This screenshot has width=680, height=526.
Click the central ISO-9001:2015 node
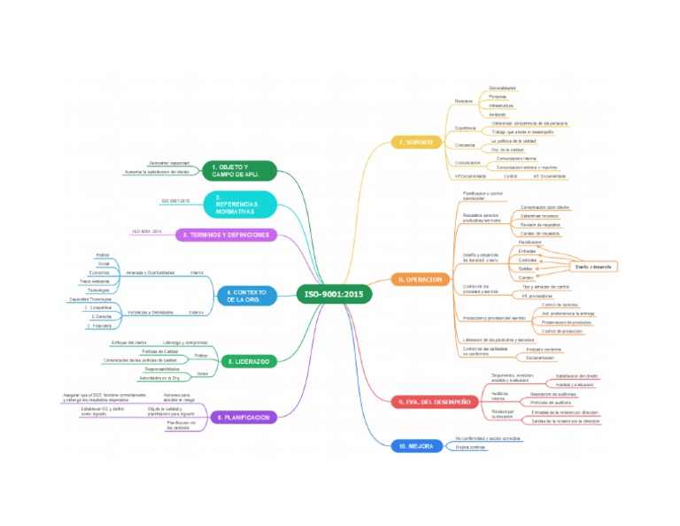coord(334,294)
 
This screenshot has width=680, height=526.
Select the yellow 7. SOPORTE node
coord(415,142)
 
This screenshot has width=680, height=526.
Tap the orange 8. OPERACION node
coord(419,279)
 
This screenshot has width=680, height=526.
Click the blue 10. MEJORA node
coord(416,446)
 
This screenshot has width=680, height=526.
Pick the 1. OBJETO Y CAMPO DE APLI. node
coord(240,170)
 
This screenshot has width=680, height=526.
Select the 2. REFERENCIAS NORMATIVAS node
coord(241,204)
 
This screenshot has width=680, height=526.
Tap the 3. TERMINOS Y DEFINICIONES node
coord(226,235)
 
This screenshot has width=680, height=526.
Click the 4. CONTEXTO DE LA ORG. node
coord(246,296)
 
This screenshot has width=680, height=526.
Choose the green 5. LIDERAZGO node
coord(248,361)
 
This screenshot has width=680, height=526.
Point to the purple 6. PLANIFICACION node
coord(242,416)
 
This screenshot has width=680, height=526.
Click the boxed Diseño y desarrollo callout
coord(593,267)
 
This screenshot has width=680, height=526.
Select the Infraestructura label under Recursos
coord(502,105)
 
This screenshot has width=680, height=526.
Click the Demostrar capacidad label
coord(168,164)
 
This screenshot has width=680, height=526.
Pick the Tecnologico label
coord(99,290)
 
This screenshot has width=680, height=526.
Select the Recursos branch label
coord(464,101)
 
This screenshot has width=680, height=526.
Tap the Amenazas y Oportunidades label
coord(151,272)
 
